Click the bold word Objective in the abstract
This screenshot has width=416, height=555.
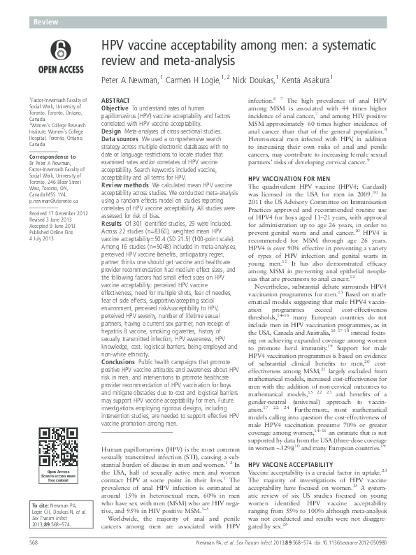[x=115, y=109]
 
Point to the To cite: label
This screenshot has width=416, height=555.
[x=36, y=505]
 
